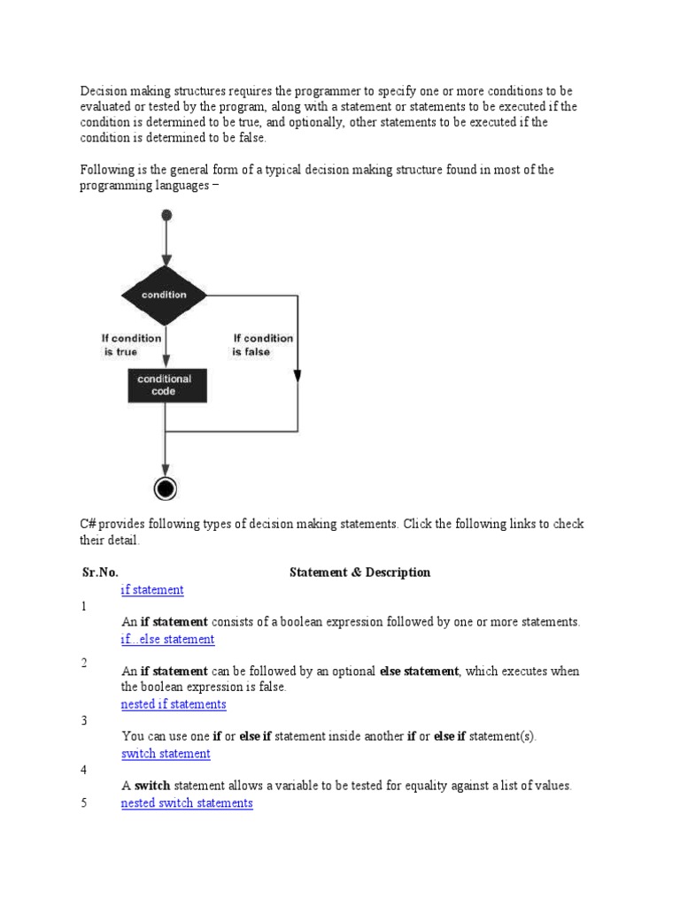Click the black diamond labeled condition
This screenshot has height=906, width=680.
pyautogui.click(x=164, y=295)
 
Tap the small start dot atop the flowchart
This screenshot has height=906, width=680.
pyautogui.click(x=166, y=215)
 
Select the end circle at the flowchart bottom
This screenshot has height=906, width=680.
pyautogui.click(x=166, y=488)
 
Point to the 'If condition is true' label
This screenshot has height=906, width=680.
pyautogui.click(x=131, y=345)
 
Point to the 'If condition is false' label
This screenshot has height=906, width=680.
pyautogui.click(x=263, y=345)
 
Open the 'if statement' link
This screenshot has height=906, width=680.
pyautogui.click(x=152, y=590)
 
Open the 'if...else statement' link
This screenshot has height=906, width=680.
pyautogui.click(x=167, y=640)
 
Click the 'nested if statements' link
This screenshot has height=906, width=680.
pyautogui.click(x=174, y=705)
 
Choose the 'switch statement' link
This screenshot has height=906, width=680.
pyautogui.click(x=166, y=754)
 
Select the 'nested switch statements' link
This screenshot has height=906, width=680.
pyautogui.click(x=187, y=803)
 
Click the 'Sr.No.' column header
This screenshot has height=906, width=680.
pyautogui.click(x=100, y=572)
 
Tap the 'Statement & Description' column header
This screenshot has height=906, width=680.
pyautogui.click(x=359, y=572)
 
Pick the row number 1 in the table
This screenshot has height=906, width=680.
pyautogui.click(x=83, y=607)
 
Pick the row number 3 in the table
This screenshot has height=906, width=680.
pyautogui.click(x=83, y=721)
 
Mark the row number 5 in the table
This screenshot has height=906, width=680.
pyautogui.click(x=83, y=803)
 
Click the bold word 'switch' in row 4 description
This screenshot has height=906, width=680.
pyautogui.click(x=152, y=786)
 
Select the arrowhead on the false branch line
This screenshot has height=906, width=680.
pyautogui.click(x=297, y=375)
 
